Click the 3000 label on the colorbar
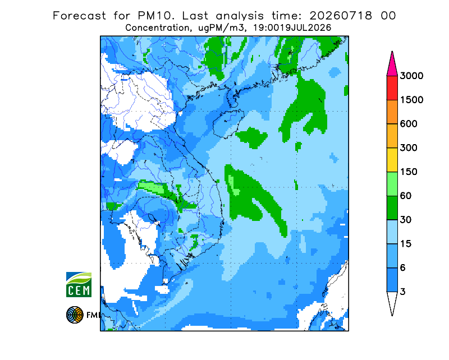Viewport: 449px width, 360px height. click(411, 76)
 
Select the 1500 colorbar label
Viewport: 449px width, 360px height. click(411, 100)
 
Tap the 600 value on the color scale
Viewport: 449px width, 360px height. click(409, 124)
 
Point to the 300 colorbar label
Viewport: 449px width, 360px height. click(409, 148)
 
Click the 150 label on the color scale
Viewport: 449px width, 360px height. click(409, 172)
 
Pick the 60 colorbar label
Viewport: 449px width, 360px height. click(406, 196)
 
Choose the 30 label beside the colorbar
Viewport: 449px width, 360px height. click(406, 220)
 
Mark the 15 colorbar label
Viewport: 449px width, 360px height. click(406, 244)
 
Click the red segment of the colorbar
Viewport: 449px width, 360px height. click(392, 88)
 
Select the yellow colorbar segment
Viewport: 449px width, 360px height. click(392, 160)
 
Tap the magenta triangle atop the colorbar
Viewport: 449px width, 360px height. click(392, 65)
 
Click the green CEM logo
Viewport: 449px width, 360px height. click(79, 284)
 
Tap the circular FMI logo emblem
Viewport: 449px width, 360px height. click(75, 315)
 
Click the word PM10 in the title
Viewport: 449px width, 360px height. click(155, 16)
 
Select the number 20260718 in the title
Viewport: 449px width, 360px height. click(341, 16)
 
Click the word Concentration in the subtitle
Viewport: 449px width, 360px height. click(157, 28)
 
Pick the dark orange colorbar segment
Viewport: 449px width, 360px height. click(392, 112)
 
